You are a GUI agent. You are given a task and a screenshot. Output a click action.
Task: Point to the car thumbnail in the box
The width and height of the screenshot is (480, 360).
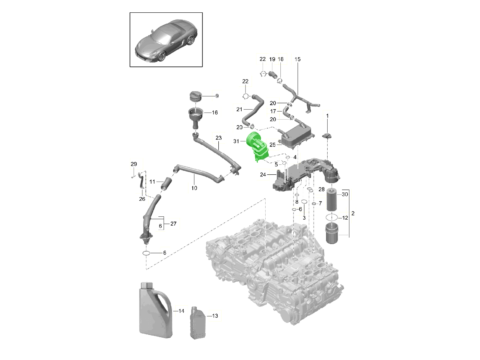click(166, 40)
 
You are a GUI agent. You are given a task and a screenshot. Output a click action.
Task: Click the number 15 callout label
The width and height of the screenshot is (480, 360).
click(298, 59)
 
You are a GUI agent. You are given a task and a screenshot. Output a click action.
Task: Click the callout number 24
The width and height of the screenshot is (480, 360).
click(263, 174)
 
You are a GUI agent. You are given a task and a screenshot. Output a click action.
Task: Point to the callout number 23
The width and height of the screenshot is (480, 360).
click(218, 138)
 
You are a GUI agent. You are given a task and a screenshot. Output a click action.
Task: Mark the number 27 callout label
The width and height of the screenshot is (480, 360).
click(173, 224)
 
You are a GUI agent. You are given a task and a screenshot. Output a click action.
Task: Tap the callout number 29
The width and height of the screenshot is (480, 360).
click(134, 164)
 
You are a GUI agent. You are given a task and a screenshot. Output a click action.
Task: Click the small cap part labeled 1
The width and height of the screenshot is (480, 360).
click(327, 136)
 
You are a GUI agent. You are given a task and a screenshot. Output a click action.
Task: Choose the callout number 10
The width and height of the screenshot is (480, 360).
click(194, 188)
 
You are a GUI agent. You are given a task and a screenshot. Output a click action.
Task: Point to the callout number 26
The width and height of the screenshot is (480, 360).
click(142, 199)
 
